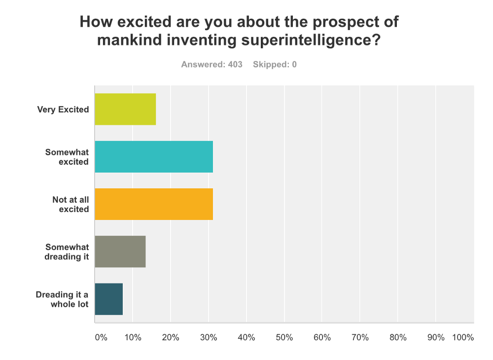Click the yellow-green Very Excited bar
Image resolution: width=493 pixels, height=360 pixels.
coord(125,109)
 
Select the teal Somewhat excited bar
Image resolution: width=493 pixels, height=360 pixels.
coord(154,156)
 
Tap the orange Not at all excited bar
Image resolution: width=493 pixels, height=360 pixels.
coord(154,204)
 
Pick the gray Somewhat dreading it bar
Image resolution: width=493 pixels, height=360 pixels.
coord(120,252)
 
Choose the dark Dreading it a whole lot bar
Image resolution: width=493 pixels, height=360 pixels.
coord(109,299)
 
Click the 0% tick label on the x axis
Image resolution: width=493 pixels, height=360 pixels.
coord(101,337)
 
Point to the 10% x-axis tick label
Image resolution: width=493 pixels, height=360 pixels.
coord(132,337)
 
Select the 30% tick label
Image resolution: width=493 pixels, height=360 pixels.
coord(208,337)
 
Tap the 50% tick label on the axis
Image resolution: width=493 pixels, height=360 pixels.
coord(284,337)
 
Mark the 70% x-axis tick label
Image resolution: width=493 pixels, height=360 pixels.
coord(360,337)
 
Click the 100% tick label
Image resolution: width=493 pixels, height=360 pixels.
coord(463,337)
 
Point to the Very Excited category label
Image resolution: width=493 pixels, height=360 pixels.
coord(63,109)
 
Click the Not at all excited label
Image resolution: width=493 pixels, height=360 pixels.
coord(70,204)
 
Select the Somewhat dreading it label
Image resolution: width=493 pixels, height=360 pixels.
coord(67,252)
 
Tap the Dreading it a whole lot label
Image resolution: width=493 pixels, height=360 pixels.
coord(62,299)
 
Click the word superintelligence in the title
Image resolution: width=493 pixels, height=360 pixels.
coord(311,39)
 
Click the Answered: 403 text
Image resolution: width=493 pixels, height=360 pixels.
coord(212,65)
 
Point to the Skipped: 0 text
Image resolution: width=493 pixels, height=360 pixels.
coord(275,65)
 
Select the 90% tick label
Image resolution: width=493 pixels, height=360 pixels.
coord(436,337)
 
